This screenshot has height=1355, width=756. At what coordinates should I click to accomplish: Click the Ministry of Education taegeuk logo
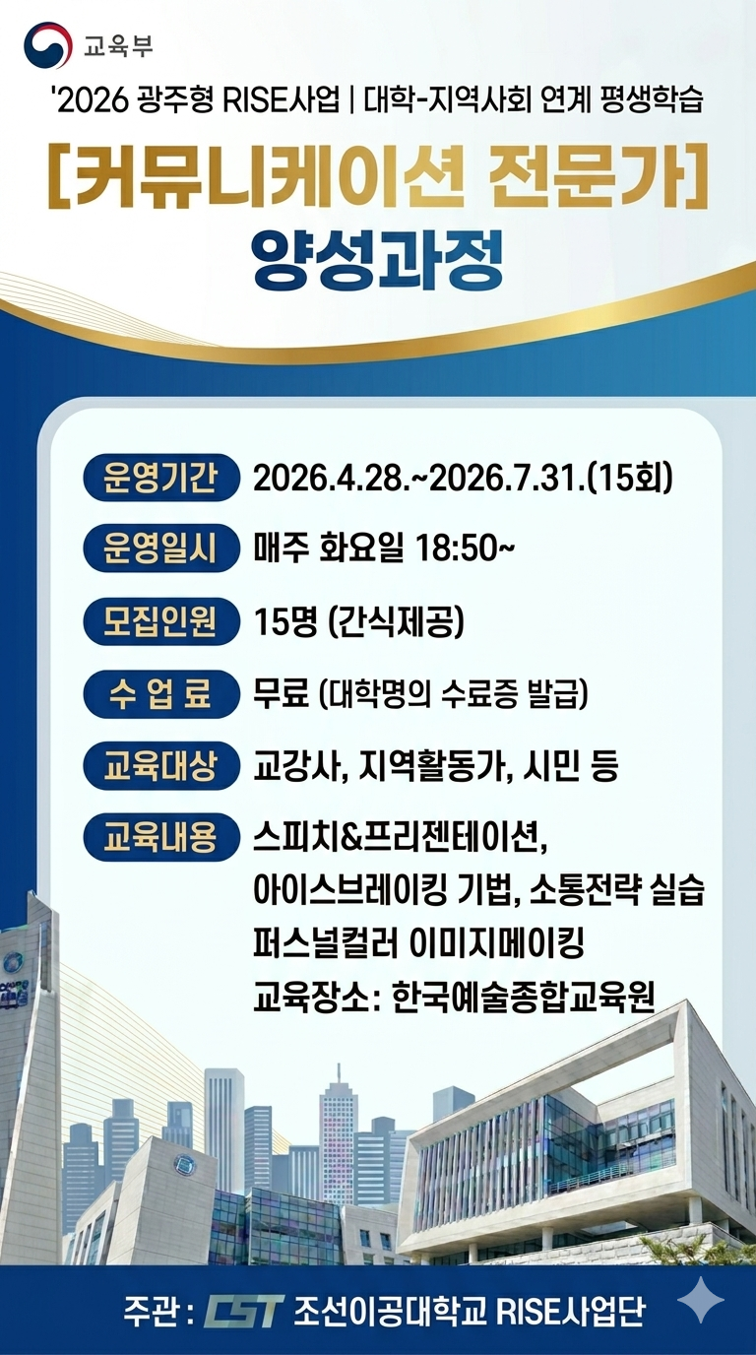47,44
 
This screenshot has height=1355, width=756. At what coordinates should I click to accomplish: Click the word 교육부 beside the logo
118,45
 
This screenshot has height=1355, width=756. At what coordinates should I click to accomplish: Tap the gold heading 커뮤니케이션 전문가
378,174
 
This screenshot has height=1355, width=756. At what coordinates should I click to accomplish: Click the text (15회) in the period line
629,480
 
